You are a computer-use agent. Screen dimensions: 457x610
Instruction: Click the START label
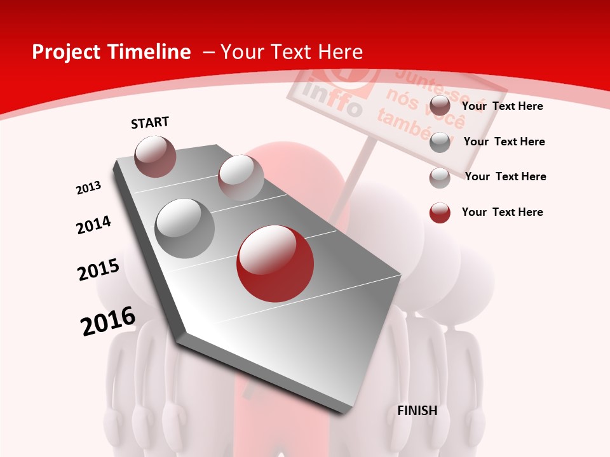tap(150, 123)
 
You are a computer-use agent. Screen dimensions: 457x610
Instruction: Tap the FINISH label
tap(417, 411)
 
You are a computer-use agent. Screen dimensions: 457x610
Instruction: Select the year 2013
tap(88, 188)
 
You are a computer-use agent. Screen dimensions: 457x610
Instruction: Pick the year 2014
tap(94, 225)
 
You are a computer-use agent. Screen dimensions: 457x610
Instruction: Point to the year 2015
tap(98, 270)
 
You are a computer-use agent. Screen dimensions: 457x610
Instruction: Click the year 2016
tap(108, 321)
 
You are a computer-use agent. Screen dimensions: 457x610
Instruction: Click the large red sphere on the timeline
tap(275, 263)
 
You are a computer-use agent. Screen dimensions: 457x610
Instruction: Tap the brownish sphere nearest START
tap(156, 156)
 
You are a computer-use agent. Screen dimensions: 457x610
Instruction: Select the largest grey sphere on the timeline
tap(185, 228)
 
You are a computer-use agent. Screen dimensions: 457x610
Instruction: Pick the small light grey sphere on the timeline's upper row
tap(241, 178)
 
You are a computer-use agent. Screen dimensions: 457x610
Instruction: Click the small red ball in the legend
tap(440, 213)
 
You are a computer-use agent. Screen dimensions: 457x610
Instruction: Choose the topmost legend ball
tap(440, 106)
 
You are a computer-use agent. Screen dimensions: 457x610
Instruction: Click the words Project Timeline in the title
tap(111, 52)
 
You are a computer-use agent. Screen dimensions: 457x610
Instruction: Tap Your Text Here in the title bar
tap(291, 52)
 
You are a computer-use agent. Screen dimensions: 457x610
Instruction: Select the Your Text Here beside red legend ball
tap(502, 212)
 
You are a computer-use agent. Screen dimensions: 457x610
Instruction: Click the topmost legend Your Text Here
tap(502, 106)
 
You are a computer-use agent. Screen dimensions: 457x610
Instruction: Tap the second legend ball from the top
tap(440, 142)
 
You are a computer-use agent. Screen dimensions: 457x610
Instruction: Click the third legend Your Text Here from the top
tap(505, 176)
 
